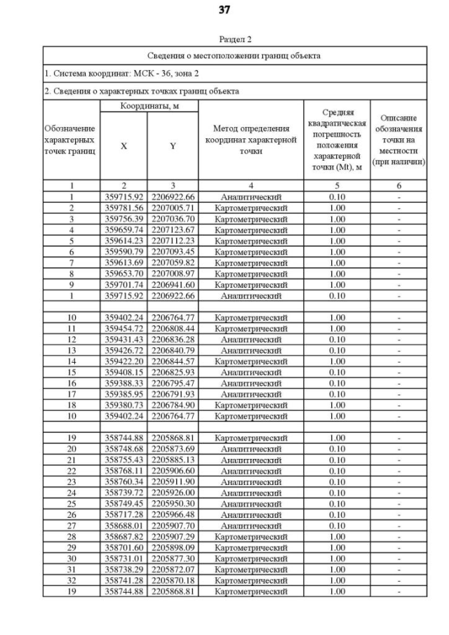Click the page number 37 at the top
coord(224,10)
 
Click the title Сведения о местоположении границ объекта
coord(234,55)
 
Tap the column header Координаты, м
coord(149,105)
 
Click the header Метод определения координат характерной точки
coord(250,140)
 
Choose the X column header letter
coord(123,146)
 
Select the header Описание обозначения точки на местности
coord(398,140)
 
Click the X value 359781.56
coord(123,208)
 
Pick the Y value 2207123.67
coord(172,229)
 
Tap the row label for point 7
coord(71,262)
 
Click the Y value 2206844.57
coord(172,362)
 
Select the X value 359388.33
coord(123,384)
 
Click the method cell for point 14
coord(250,362)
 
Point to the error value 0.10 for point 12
coord(337,340)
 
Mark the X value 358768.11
coord(123,471)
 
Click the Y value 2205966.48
coord(172,514)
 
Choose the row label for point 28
coord(71,537)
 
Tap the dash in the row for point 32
coord(398,580)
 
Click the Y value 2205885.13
coord(172,460)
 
